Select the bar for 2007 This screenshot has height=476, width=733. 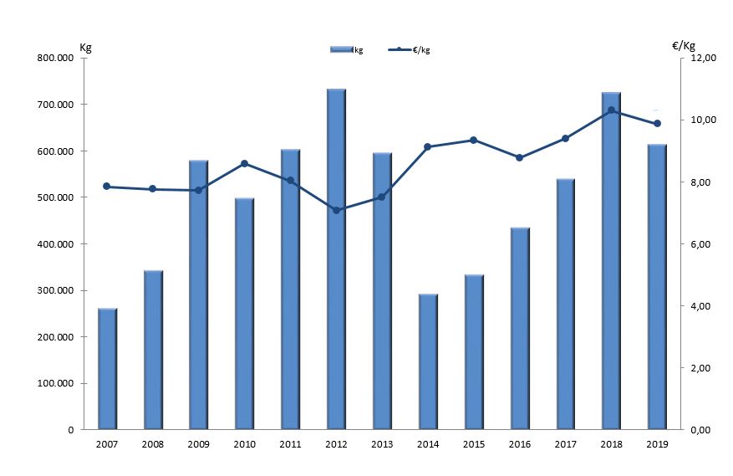pyautogui.click(x=107, y=369)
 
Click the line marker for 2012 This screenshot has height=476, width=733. pyautogui.click(x=336, y=210)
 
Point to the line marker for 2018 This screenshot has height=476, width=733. pyautogui.click(x=611, y=110)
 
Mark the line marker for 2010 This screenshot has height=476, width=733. pyautogui.click(x=244, y=163)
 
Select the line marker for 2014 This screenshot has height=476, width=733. pyautogui.click(x=428, y=146)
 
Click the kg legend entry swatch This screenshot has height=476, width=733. pyautogui.click(x=341, y=50)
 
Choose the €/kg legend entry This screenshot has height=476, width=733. pyautogui.click(x=410, y=50)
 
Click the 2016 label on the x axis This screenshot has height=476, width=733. pyautogui.click(x=519, y=443)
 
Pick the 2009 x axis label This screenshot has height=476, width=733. pyautogui.click(x=198, y=443)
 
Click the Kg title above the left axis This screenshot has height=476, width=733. pyautogui.click(x=85, y=46)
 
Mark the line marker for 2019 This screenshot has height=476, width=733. pyautogui.click(x=657, y=124)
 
